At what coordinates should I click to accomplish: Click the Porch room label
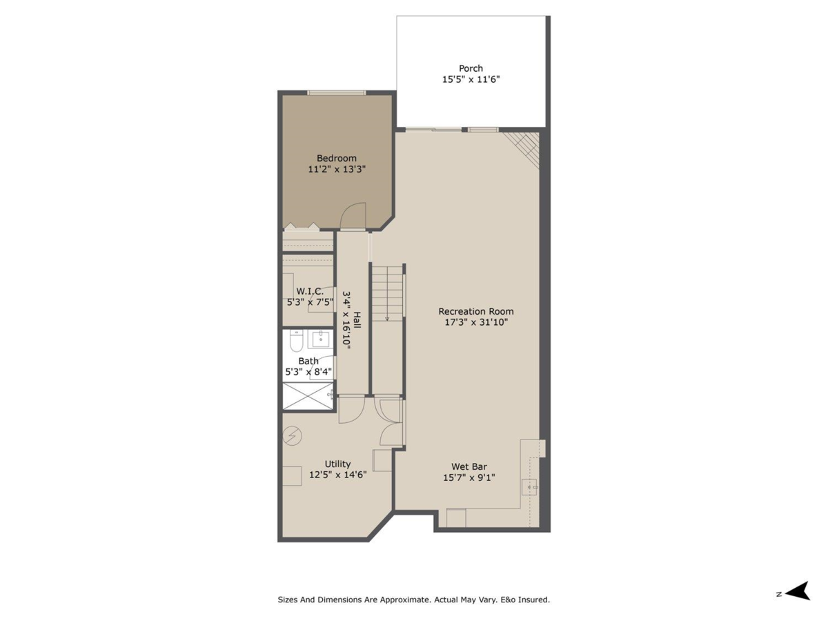click(x=471, y=68)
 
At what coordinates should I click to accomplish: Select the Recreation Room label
click(x=476, y=311)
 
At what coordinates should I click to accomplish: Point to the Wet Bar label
click(x=469, y=466)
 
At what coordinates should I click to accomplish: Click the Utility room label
click(x=338, y=464)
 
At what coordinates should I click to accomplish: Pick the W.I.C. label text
click(x=310, y=291)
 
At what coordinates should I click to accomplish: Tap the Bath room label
click(x=308, y=361)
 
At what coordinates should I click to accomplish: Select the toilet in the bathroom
click(x=295, y=342)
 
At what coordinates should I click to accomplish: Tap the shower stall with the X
click(x=308, y=396)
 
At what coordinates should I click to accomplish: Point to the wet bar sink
click(x=531, y=487)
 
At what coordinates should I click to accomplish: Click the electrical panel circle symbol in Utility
click(x=293, y=435)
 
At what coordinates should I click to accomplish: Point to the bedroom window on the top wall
click(x=336, y=93)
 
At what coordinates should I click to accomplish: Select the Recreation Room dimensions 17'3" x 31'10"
click(x=476, y=322)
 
